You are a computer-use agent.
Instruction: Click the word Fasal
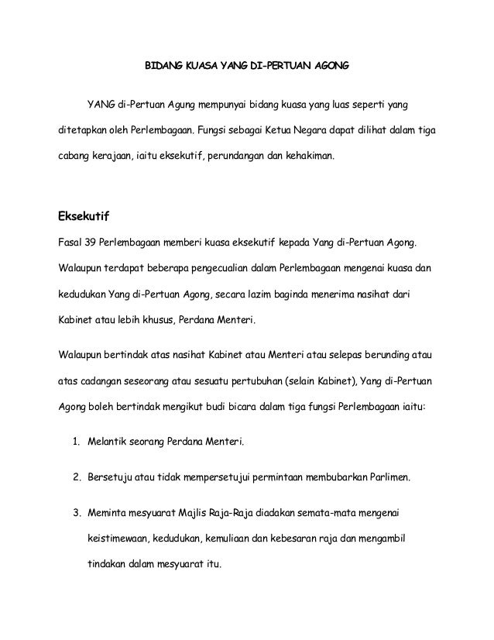click(70, 243)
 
